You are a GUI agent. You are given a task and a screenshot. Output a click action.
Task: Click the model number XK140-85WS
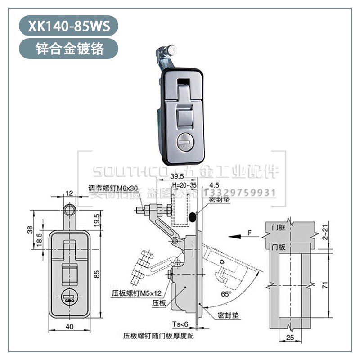click(x=69, y=26)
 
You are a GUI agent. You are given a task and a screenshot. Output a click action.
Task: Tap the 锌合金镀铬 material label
click(x=69, y=48)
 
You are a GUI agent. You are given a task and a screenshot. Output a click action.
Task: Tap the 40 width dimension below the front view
click(x=69, y=328)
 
